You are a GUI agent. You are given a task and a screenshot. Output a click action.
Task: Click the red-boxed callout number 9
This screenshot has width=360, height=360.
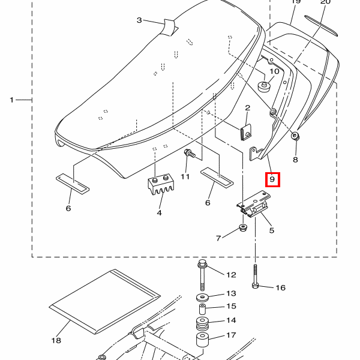click(272, 179)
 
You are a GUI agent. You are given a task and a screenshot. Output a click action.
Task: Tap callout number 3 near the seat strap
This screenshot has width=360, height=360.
click(139, 20)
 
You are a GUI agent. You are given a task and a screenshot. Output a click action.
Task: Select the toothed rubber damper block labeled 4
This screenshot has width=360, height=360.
click(160, 184)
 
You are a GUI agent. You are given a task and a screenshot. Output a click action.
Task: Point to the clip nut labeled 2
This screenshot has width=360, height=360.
click(245, 133)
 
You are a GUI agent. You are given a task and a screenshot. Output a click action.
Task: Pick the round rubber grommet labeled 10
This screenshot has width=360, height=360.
click(265, 86)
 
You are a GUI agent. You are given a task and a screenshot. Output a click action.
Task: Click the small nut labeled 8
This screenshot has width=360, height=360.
click(295, 136)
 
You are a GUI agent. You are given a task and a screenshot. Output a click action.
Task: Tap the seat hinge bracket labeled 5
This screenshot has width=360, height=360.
click(253, 204)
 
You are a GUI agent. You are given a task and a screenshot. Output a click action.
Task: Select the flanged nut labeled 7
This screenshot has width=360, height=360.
click(243, 228)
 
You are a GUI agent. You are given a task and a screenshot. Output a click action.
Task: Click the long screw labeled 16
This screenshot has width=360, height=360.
click(255, 276)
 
